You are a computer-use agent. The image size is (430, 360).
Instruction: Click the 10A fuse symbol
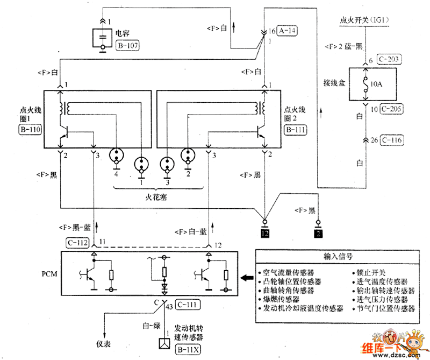tap(367, 86)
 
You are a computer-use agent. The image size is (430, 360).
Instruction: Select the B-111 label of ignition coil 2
tap(296, 130)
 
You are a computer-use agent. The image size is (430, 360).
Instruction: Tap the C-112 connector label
tap(77, 243)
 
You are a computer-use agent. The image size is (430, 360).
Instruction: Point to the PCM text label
tap(50, 273)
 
